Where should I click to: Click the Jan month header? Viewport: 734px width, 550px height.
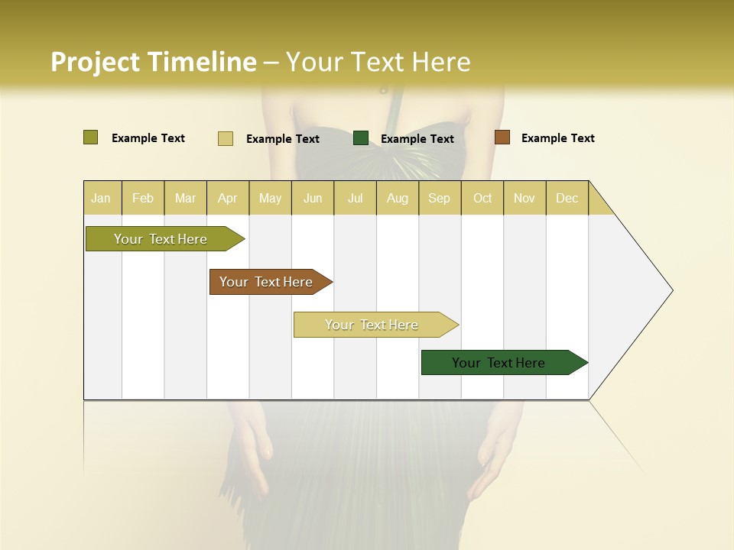101,198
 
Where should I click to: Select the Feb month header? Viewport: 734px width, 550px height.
143,198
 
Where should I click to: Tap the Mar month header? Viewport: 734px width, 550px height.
185,198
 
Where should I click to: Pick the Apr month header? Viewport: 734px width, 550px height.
228,198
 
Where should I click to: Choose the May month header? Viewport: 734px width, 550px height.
270,198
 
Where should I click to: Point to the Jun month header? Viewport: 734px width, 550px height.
313,198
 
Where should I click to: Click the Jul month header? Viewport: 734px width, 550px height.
355,198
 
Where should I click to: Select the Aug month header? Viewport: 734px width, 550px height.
398,198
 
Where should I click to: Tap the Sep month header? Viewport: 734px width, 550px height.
440,198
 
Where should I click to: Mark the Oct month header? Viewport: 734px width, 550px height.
482,198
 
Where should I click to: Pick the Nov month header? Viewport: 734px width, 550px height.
525,198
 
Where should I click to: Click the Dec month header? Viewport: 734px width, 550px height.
567,198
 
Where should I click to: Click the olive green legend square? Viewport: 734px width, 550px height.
90,137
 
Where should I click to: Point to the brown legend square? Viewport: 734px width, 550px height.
502,137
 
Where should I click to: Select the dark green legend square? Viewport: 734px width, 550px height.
361,138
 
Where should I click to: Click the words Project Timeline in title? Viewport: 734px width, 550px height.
153,62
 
